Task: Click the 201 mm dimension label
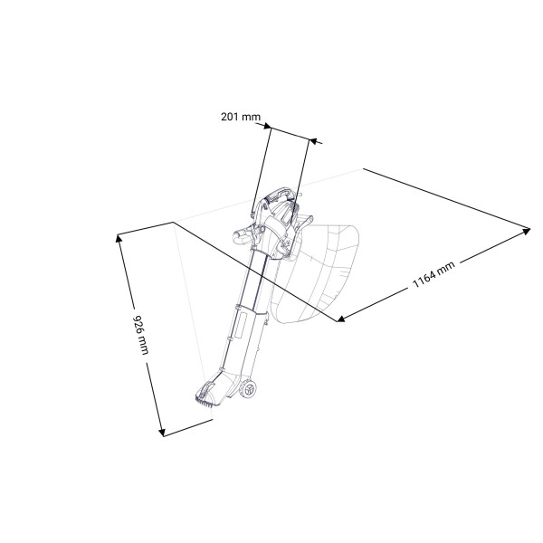241,117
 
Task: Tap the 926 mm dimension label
141,335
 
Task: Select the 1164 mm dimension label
433,274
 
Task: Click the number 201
230,117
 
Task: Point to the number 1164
424,279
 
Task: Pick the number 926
138,323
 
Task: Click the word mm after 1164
447,269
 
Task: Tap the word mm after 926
144,346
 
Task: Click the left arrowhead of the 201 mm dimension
267,126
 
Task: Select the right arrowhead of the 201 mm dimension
313,140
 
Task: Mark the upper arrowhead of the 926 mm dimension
119,238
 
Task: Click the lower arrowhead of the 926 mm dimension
162,433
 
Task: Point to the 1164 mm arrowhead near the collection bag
341,319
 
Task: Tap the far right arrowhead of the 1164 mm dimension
526,231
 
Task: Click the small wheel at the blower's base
249,389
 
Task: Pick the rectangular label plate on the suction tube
241,325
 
